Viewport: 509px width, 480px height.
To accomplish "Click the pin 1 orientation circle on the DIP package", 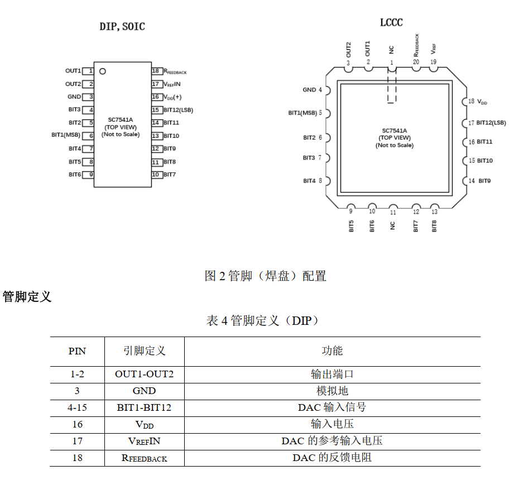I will [103, 71].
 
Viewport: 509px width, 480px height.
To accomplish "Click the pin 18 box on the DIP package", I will [157, 71].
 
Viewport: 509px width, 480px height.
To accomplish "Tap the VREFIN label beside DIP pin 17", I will [172, 84].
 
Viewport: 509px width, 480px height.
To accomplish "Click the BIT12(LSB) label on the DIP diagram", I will [178, 110].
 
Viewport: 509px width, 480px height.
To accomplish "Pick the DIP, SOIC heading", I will [122, 26].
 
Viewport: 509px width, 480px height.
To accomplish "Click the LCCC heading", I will [391, 22].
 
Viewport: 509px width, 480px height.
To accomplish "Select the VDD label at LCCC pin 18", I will [482, 102].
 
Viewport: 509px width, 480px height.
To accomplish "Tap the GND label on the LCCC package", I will [309, 90].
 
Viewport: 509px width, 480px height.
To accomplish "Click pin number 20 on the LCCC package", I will [416, 62].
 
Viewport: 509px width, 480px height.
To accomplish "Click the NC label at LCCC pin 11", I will [393, 225].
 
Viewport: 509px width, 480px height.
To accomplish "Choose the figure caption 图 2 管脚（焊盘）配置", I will [265, 276].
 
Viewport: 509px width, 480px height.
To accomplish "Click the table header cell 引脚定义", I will [144, 351].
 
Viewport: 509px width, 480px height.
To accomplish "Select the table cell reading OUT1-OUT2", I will [144, 374].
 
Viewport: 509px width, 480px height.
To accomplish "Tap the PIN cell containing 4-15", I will [77, 407].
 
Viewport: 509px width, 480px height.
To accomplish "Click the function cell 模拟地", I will [332, 391].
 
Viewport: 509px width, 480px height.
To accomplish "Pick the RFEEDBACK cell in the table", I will [144, 458].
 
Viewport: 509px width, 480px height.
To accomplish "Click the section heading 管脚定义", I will [27, 297].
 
